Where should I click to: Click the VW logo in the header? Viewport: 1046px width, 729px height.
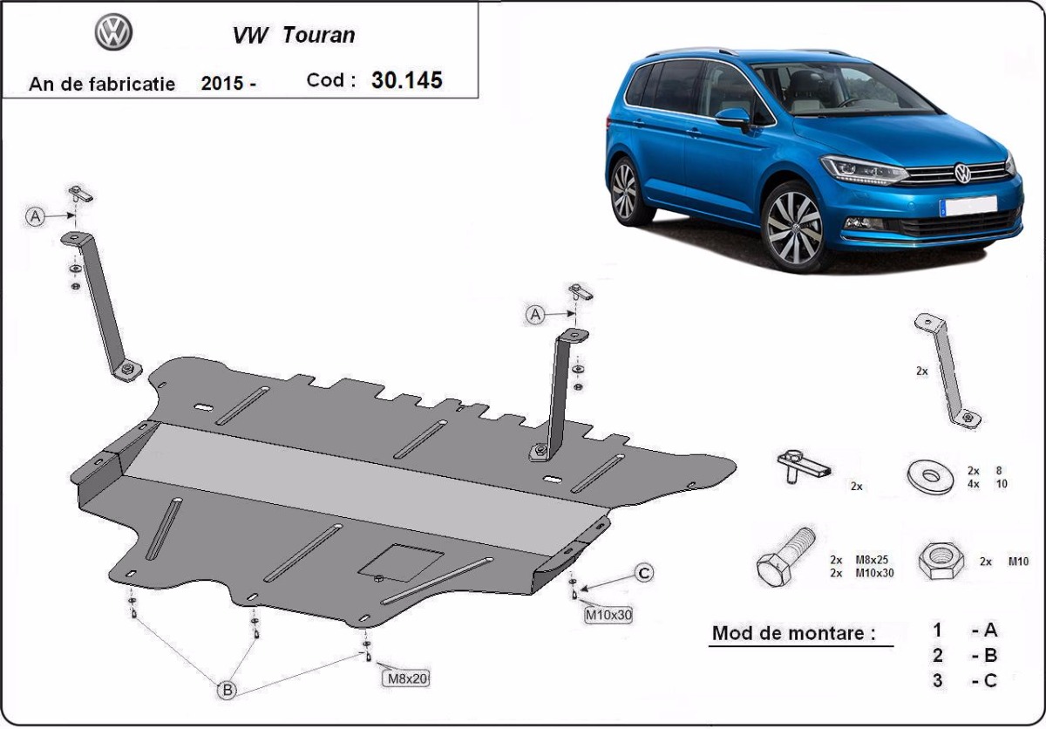[113, 33]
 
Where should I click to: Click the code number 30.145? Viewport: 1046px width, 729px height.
[406, 80]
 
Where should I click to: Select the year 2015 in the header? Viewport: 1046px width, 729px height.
[222, 84]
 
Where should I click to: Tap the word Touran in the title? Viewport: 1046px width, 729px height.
[319, 36]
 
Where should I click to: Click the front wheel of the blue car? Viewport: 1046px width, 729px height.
[793, 227]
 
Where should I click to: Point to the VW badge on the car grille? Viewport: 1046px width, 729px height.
[962, 173]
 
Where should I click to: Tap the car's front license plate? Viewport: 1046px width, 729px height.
[968, 206]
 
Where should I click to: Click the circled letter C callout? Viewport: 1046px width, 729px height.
[643, 573]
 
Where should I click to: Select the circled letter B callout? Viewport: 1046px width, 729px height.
[227, 690]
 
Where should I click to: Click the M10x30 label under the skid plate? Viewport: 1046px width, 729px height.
[608, 615]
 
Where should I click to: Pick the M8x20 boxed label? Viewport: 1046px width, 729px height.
[405, 678]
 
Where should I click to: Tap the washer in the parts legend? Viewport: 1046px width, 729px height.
[929, 477]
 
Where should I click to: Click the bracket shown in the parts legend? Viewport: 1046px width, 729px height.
[947, 371]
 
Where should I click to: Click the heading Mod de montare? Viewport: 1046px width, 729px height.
[793, 633]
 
